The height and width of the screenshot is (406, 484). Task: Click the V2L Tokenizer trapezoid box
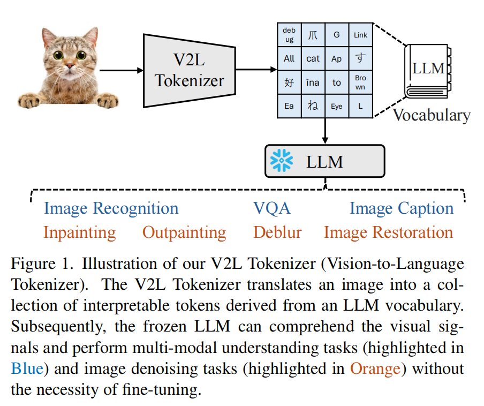[189, 70]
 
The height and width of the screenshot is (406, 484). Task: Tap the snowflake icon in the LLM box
[281, 161]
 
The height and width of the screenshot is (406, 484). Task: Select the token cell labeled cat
[313, 58]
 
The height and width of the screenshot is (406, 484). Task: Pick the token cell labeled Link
[360, 35]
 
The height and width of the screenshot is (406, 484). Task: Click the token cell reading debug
[289, 35]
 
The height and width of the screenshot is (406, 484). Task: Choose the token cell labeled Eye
[336, 106]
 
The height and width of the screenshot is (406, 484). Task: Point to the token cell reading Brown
[360, 82]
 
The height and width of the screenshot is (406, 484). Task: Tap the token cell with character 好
[289, 82]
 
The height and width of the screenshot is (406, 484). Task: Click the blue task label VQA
[271, 208]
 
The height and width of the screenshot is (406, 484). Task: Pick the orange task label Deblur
[277, 232]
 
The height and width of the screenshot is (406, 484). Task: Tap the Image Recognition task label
[111, 208]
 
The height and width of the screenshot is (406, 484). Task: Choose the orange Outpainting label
[184, 232]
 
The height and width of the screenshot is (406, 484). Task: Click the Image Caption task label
[402, 208]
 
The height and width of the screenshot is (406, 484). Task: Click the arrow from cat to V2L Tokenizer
[121, 70]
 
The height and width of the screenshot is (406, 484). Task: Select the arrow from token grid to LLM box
[325, 131]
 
